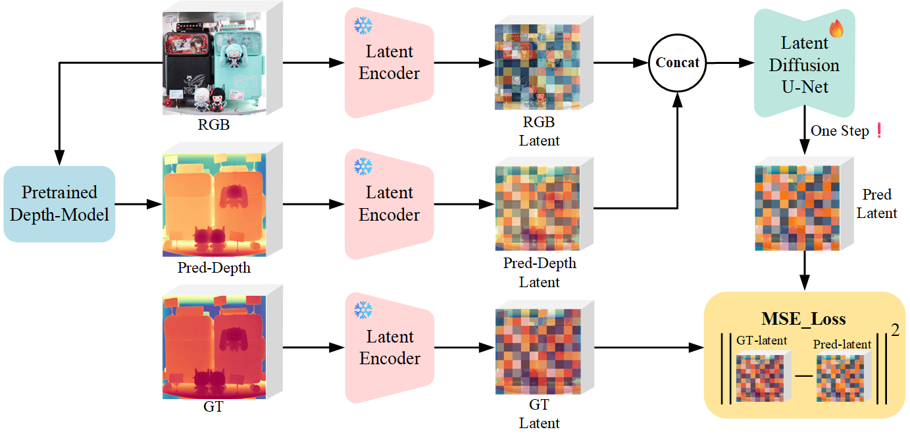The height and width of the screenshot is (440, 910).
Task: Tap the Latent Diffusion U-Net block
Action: coord(804,65)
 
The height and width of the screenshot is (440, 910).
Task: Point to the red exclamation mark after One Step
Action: coord(877,130)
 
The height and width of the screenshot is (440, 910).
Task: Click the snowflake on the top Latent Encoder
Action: coord(363,26)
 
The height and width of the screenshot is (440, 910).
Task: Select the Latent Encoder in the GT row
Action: coord(389,347)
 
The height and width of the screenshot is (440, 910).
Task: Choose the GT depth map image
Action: coord(214,348)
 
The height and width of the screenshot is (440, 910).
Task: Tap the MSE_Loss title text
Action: coord(803,319)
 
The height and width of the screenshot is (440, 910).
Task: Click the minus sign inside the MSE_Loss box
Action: coord(803,375)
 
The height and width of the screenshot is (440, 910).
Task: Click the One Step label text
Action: coord(839,130)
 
